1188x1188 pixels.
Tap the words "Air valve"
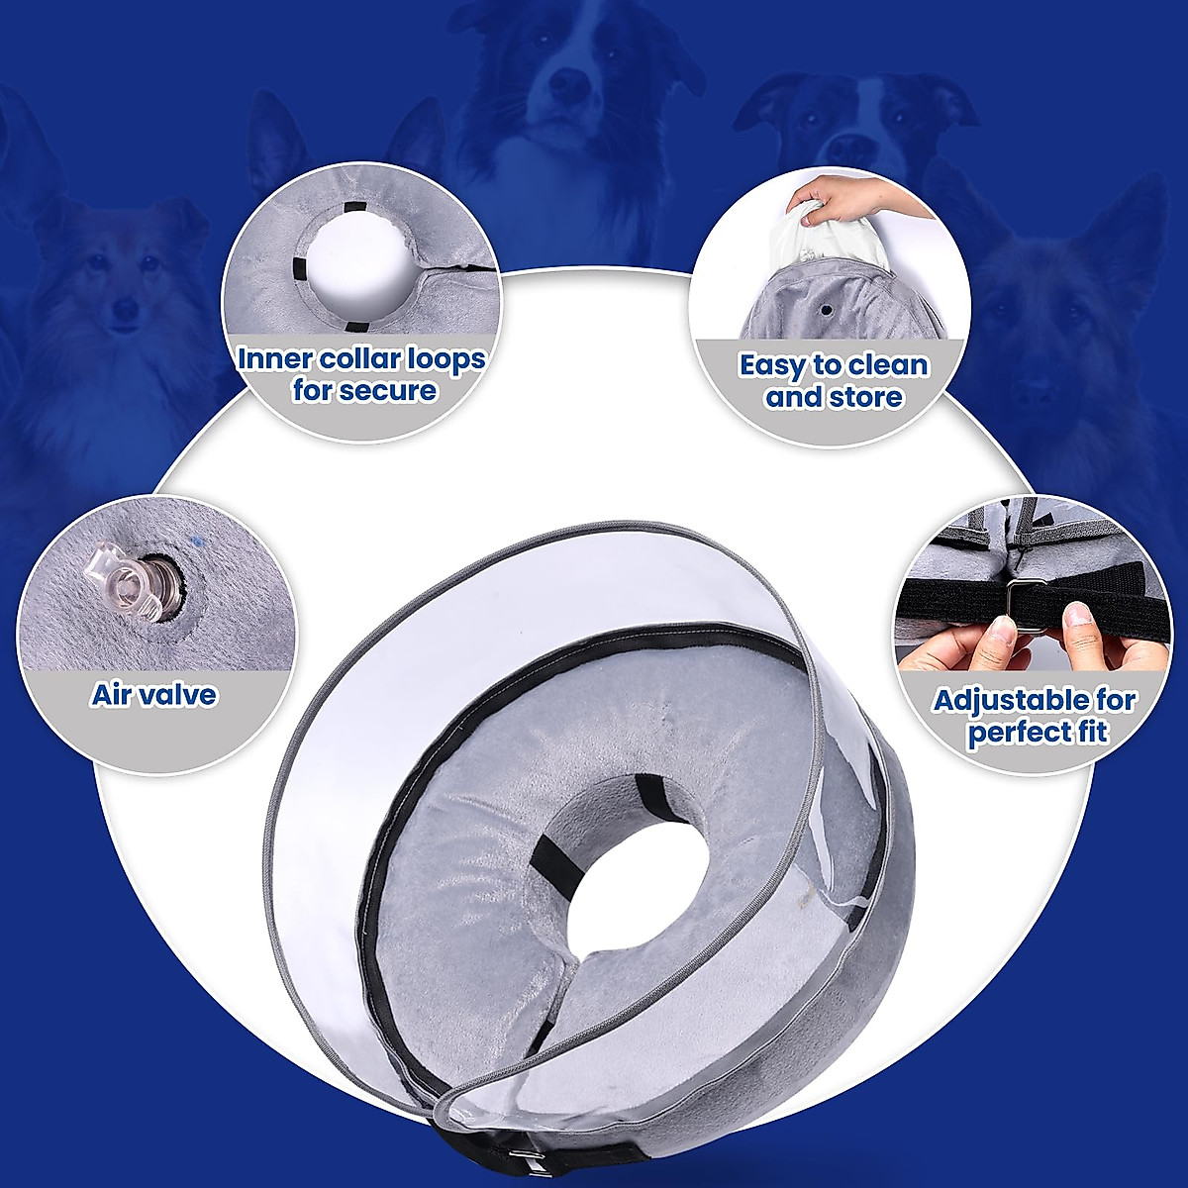[x=153, y=694]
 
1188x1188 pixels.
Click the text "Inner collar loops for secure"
[x=362, y=374]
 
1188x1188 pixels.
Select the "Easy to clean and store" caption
[x=834, y=381]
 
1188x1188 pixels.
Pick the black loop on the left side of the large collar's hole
[x=546, y=852]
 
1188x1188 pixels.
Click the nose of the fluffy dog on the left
[x=126, y=310]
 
